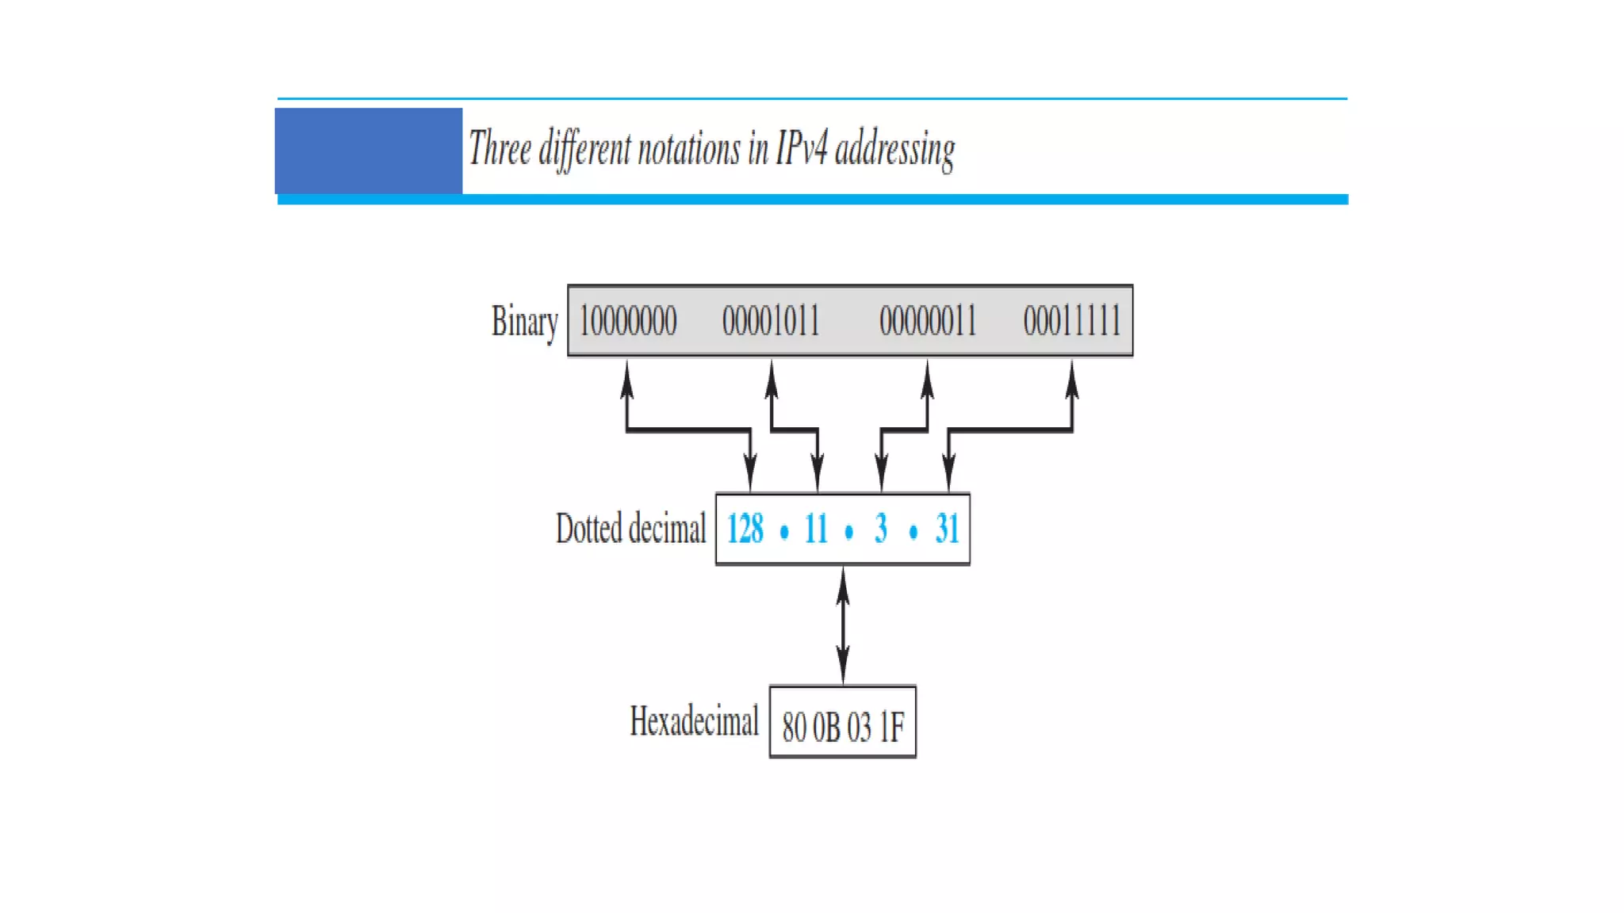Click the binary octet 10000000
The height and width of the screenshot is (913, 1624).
click(x=627, y=321)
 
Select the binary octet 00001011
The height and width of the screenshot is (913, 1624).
click(x=771, y=321)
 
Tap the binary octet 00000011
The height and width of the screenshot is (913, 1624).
click(x=928, y=321)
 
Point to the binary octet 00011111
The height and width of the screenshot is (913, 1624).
click(x=1072, y=321)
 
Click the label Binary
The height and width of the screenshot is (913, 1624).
click(x=524, y=322)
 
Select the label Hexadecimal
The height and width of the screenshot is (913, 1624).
click(x=694, y=721)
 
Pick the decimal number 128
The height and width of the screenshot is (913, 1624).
click(x=745, y=529)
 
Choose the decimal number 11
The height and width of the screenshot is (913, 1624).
click(x=816, y=529)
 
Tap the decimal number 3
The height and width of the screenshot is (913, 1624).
click(x=881, y=529)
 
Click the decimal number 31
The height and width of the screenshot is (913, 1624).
click(x=947, y=529)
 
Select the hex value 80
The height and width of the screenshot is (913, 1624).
click(x=794, y=727)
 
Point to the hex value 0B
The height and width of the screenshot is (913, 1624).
click(x=826, y=727)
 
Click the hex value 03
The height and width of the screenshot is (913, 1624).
click(x=859, y=727)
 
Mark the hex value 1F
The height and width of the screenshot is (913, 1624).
click(x=892, y=727)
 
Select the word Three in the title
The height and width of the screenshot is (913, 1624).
click(x=500, y=148)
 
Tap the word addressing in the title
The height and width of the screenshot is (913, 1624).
click(x=895, y=150)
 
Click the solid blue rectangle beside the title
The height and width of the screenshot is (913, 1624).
click(x=369, y=151)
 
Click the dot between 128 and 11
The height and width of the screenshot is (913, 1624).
click(x=784, y=532)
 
